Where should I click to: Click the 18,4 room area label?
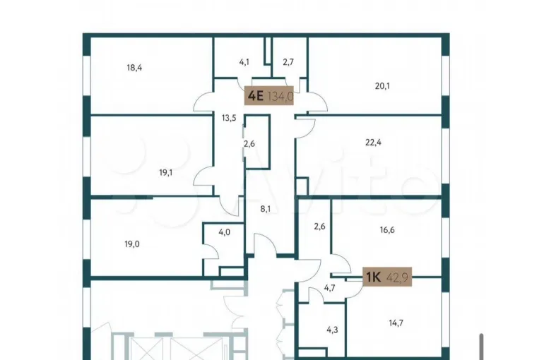pos(134,68)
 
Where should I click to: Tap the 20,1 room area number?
pos(382,85)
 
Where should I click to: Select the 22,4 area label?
pos(373,143)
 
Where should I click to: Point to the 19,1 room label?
pos(166,172)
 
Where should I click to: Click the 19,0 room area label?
pos(132,244)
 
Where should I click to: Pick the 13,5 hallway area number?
pos(229,118)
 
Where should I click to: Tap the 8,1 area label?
pos(265,209)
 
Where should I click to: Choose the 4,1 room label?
pos(244,62)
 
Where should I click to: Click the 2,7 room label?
pos(288,62)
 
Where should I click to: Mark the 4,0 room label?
pos(224,232)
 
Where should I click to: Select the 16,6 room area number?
pos(387,230)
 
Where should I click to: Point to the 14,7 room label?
pos(396,323)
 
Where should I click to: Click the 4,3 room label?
pos(332,330)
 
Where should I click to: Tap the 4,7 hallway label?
pos(329,288)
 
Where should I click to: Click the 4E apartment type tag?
pos(256,95)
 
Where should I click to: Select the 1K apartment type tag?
pos(374,277)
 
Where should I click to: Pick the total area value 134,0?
pos(280,96)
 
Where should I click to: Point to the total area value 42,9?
pos(396,277)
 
